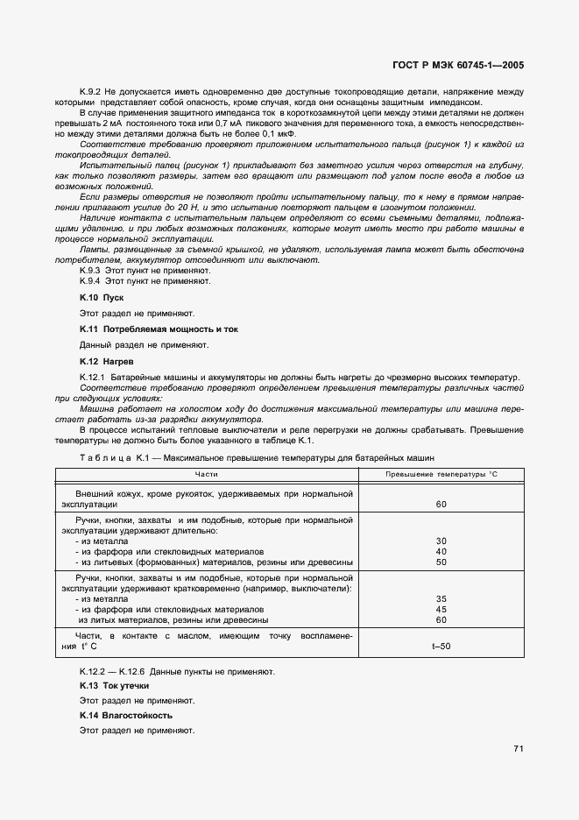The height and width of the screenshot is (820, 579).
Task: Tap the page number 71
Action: [519, 749]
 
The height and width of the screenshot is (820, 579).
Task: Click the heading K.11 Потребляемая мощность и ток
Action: [159, 329]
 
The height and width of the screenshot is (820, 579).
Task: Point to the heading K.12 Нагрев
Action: [107, 361]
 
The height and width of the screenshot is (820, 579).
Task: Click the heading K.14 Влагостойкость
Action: [125, 716]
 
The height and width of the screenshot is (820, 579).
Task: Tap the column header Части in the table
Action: [207, 474]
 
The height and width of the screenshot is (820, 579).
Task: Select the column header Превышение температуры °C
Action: [441, 474]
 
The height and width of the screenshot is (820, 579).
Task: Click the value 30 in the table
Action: [441, 541]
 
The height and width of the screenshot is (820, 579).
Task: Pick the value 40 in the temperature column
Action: [441, 552]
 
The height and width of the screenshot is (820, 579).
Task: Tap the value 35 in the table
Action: [441, 599]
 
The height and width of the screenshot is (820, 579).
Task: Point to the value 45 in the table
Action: [441, 610]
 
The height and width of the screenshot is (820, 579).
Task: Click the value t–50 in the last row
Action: [441, 647]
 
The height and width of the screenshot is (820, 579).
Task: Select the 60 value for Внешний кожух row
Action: [441, 505]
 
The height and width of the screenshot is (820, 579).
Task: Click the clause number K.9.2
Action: [91, 92]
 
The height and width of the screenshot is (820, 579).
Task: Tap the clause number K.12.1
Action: [93, 377]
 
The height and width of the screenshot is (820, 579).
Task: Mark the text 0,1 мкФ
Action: [280, 134]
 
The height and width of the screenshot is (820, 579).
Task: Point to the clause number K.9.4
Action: [91, 282]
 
